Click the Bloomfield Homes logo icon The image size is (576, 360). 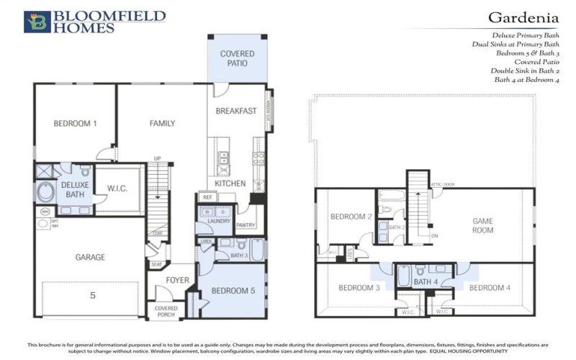[36, 22]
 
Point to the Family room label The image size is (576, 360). [162, 123]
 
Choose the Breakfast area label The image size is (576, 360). [236, 111]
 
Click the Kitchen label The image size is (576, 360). [230, 184]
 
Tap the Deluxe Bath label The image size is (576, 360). [74, 189]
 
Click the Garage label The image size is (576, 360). [90, 257]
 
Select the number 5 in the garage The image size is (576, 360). [92, 294]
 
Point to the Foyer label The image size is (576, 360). [178, 280]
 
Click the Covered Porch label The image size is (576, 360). [166, 312]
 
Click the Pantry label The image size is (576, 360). [246, 225]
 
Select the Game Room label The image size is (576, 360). [482, 225]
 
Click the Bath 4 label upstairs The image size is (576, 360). [425, 282]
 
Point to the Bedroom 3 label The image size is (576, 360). [359, 288]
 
